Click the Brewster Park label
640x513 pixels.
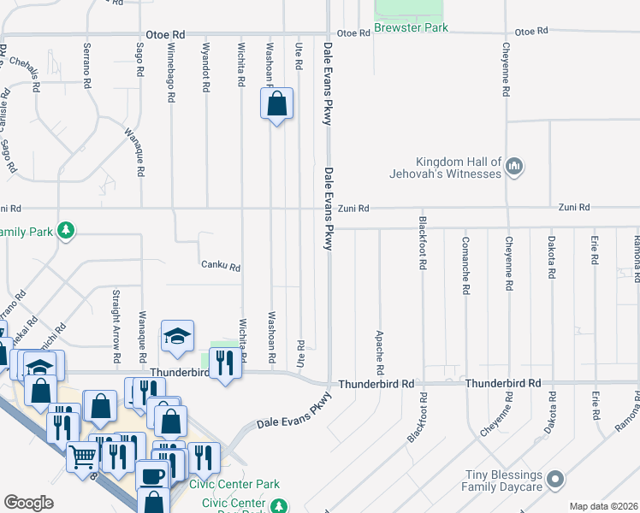coord(412,28)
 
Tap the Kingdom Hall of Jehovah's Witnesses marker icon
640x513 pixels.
coord(513,166)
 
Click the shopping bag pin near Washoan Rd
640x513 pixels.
coord(276,106)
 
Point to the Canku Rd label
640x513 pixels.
coord(222,267)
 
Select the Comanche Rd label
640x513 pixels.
coord(465,265)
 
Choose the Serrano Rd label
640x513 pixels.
coord(86,68)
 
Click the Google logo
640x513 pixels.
coord(28,503)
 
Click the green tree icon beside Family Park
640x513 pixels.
coord(66,231)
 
